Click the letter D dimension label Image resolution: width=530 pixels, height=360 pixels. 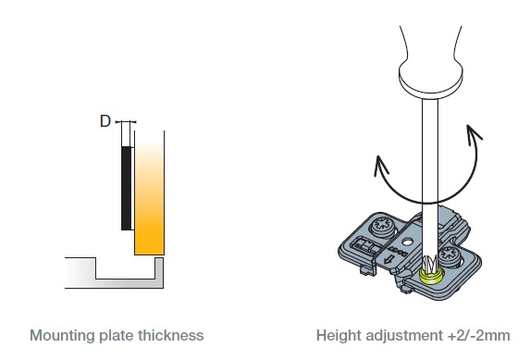click(x=105, y=121)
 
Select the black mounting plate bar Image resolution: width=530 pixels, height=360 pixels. click(x=127, y=188)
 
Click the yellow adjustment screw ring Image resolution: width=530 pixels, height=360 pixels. click(x=431, y=276)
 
